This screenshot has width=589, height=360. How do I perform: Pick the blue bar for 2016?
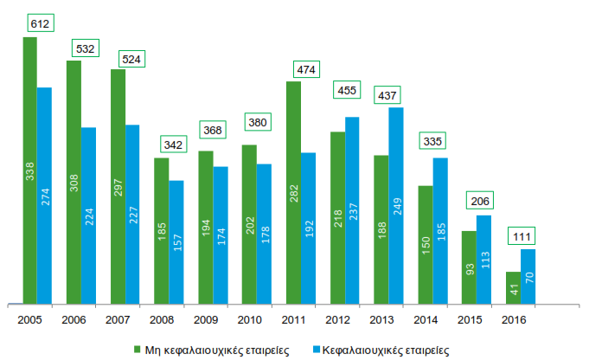pyautogui.click(x=528, y=276)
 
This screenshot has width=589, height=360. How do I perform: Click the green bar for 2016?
pyautogui.click(x=513, y=287)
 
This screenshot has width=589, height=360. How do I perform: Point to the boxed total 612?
pyautogui.click(x=39, y=23)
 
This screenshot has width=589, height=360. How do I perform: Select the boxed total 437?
pyautogui.click(x=387, y=93)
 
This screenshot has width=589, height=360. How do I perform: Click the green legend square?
pyautogui.click(x=136, y=350)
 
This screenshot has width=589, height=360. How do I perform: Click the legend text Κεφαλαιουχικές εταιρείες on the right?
pyautogui.click(x=385, y=350)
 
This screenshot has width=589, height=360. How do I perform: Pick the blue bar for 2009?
pyautogui.click(x=221, y=235)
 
